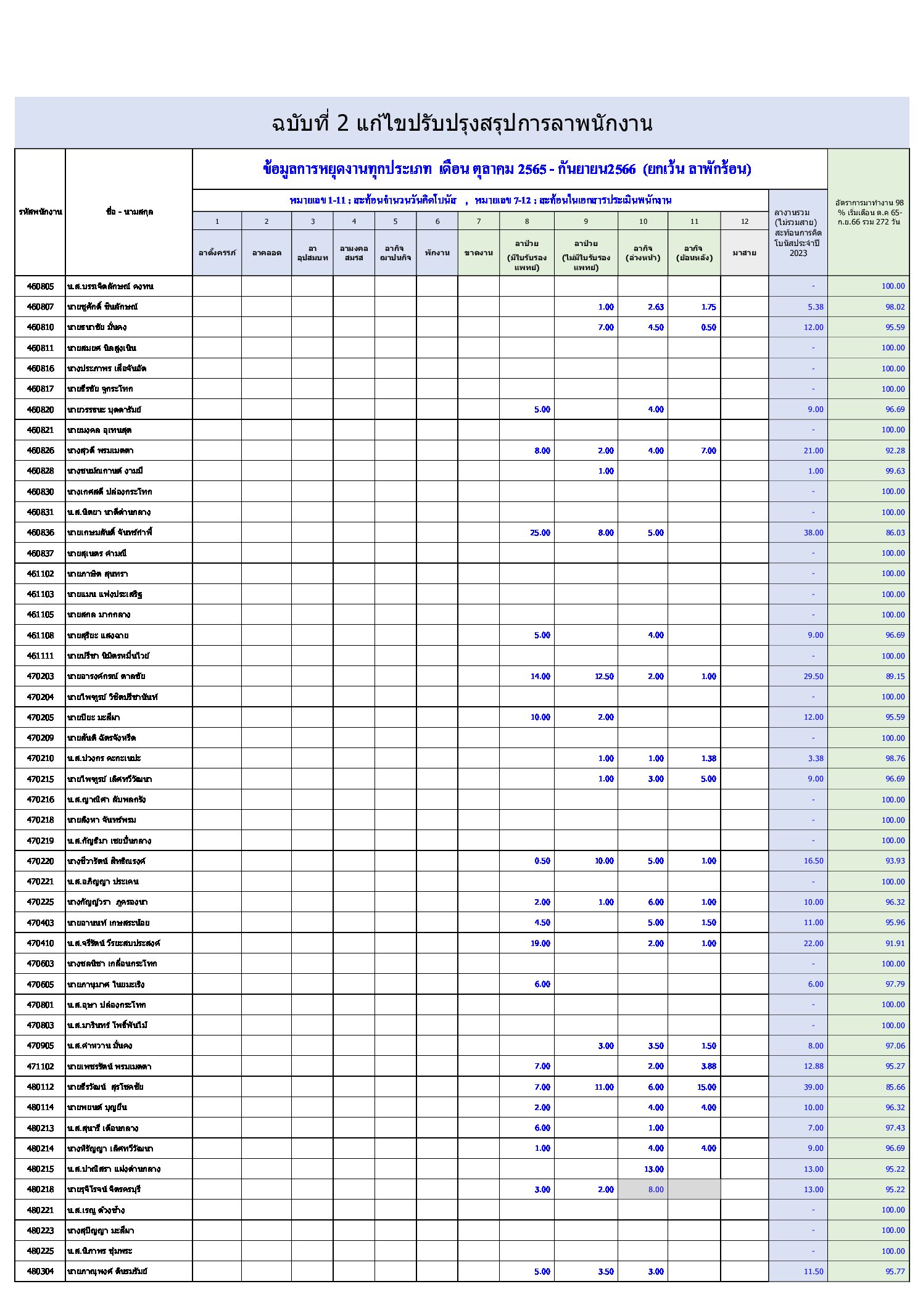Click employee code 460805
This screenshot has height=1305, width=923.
pyautogui.click(x=40, y=286)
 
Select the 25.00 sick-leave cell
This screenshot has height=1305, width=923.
pyautogui.click(x=539, y=533)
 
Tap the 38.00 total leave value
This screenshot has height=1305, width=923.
pyautogui.click(x=813, y=533)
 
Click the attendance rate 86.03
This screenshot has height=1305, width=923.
pyautogui.click(x=894, y=533)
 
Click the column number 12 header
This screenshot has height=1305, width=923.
pyautogui.click(x=744, y=221)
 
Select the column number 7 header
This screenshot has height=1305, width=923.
pyautogui.click(x=478, y=221)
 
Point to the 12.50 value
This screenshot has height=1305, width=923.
pyautogui.click(x=603, y=677)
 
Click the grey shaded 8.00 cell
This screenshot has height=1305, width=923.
pyautogui.click(x=655, y=1190)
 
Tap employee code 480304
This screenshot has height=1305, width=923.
pyautogui.click(x=40, y=1272)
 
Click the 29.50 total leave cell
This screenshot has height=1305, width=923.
pyautogui.click(x=813, y=677)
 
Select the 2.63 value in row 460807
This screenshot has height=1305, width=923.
pyautogui.click(x=655, y=307)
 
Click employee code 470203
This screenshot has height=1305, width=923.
pyautogui.click(x=40, y=677)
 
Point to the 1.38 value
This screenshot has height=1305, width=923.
pyautogui.click(x=708, y=759)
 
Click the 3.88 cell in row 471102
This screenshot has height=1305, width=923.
pyautogui.click(x=708, y=1066)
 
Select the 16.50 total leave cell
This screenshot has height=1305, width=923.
pyautogui.click(x=813, y=861)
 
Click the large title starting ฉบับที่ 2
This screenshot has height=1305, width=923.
pyautogui.click(x=461, y=124)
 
